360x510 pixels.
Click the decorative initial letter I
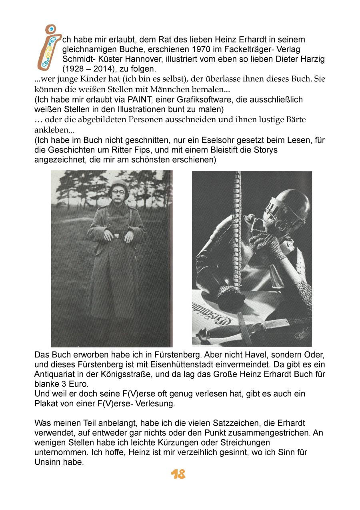pos(50,47)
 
